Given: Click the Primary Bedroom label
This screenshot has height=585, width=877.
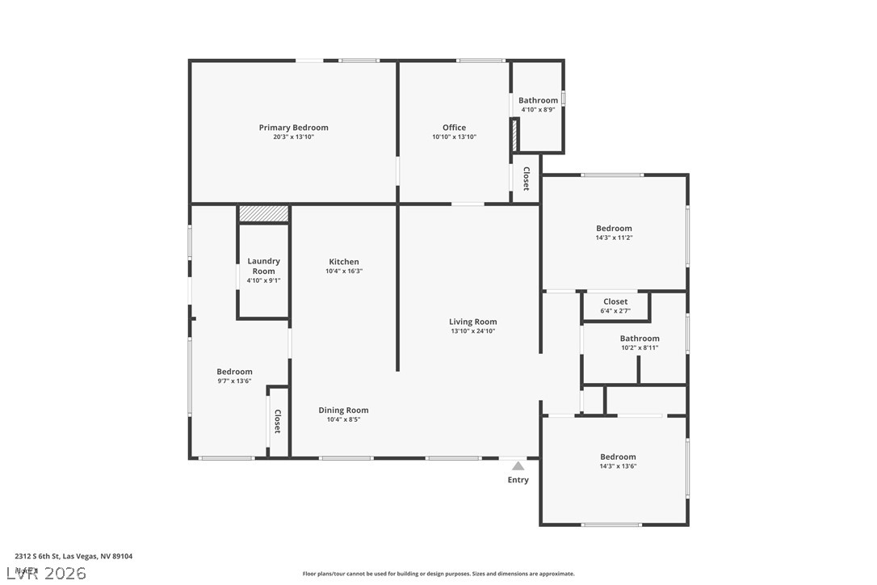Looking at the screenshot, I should (293, 128).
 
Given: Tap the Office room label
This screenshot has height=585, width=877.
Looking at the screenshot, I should (454, 128).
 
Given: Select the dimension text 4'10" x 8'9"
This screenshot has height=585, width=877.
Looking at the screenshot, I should (538, 110).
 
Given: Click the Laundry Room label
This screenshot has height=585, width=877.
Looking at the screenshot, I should (263, 266).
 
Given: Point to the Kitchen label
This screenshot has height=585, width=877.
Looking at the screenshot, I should (343, 262).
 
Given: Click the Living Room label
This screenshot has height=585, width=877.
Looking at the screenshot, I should (472, 322).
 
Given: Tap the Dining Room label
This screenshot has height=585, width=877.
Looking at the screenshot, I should (343, 410).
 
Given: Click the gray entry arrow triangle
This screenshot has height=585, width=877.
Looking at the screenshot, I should (518, 466).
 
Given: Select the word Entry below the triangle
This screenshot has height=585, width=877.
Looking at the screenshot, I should (518, 480).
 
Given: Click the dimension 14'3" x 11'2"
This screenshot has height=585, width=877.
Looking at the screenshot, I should (614, 238).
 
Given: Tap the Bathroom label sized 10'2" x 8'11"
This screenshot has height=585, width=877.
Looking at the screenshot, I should (640, 339).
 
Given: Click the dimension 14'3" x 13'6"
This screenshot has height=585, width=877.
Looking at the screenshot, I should (618, 466).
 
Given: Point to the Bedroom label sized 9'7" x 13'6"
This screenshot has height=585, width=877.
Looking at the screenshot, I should (234, 372).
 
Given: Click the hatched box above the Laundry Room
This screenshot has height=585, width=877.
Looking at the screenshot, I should (263, 213).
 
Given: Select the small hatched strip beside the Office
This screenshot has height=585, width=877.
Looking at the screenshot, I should (514, 134).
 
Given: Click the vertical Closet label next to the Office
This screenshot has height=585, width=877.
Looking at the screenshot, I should (526, 179).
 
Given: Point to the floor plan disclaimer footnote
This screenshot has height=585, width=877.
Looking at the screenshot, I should (438, 574).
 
